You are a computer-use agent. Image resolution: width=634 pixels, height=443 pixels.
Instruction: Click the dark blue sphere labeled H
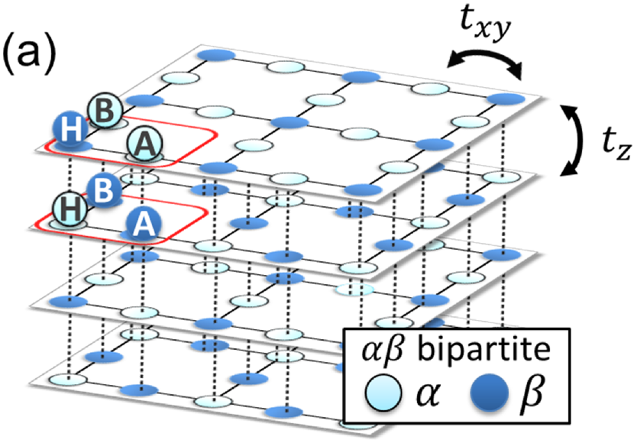[70, 129]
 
